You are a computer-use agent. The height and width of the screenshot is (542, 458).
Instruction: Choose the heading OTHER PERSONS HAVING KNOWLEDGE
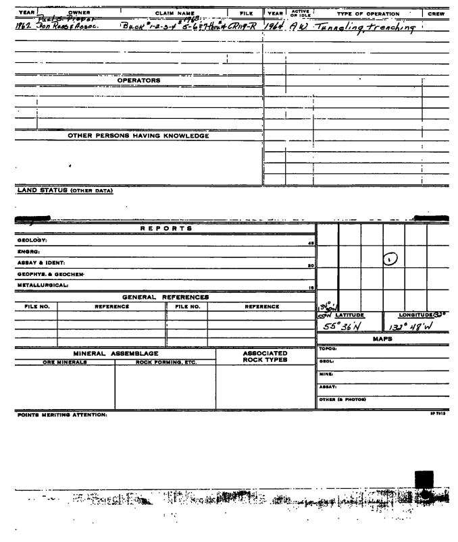pos(138,136)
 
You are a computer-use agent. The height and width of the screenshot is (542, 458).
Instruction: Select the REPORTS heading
pos(160,228)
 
